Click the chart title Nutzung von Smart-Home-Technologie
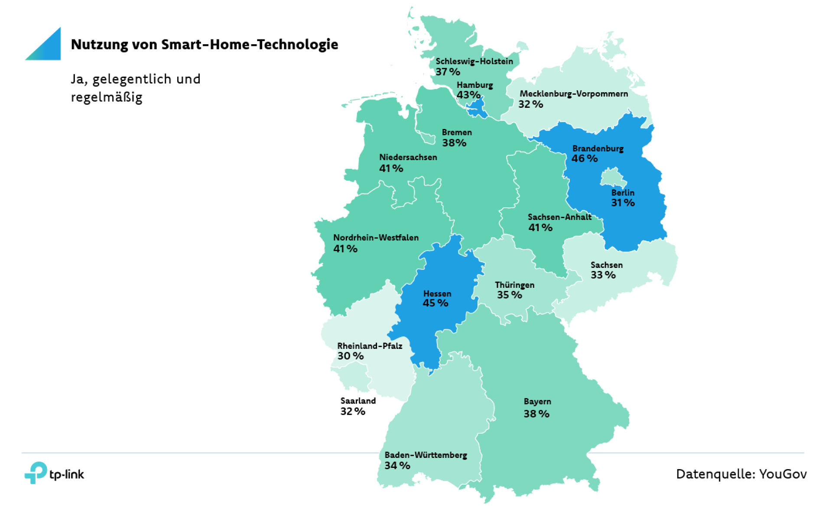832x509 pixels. (x=205, y=45)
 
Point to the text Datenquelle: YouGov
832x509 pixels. (x=741, y=474)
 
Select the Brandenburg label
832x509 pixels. (x=598, y=148)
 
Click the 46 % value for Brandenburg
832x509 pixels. (x=585, y=158)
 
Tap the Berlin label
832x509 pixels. (x=623, y=193)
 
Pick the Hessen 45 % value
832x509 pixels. (x=435, y=303)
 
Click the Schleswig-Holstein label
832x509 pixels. (x=474, y=61)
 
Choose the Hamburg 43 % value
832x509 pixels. (x=468, y=95)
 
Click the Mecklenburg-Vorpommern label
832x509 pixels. (x=574, y=93)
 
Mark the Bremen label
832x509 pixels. (x=457, y=132)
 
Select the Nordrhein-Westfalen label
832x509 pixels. (x=376, y=238)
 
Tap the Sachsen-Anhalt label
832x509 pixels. (x=559, y=217)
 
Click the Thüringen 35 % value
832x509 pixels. (x=510, y=295)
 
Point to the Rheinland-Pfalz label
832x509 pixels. (x=370, y=346)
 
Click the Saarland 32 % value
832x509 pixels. (x=353, y=411)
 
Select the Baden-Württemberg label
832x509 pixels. (x=426, y=455)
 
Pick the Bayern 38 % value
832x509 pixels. (x=536, y=414)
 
